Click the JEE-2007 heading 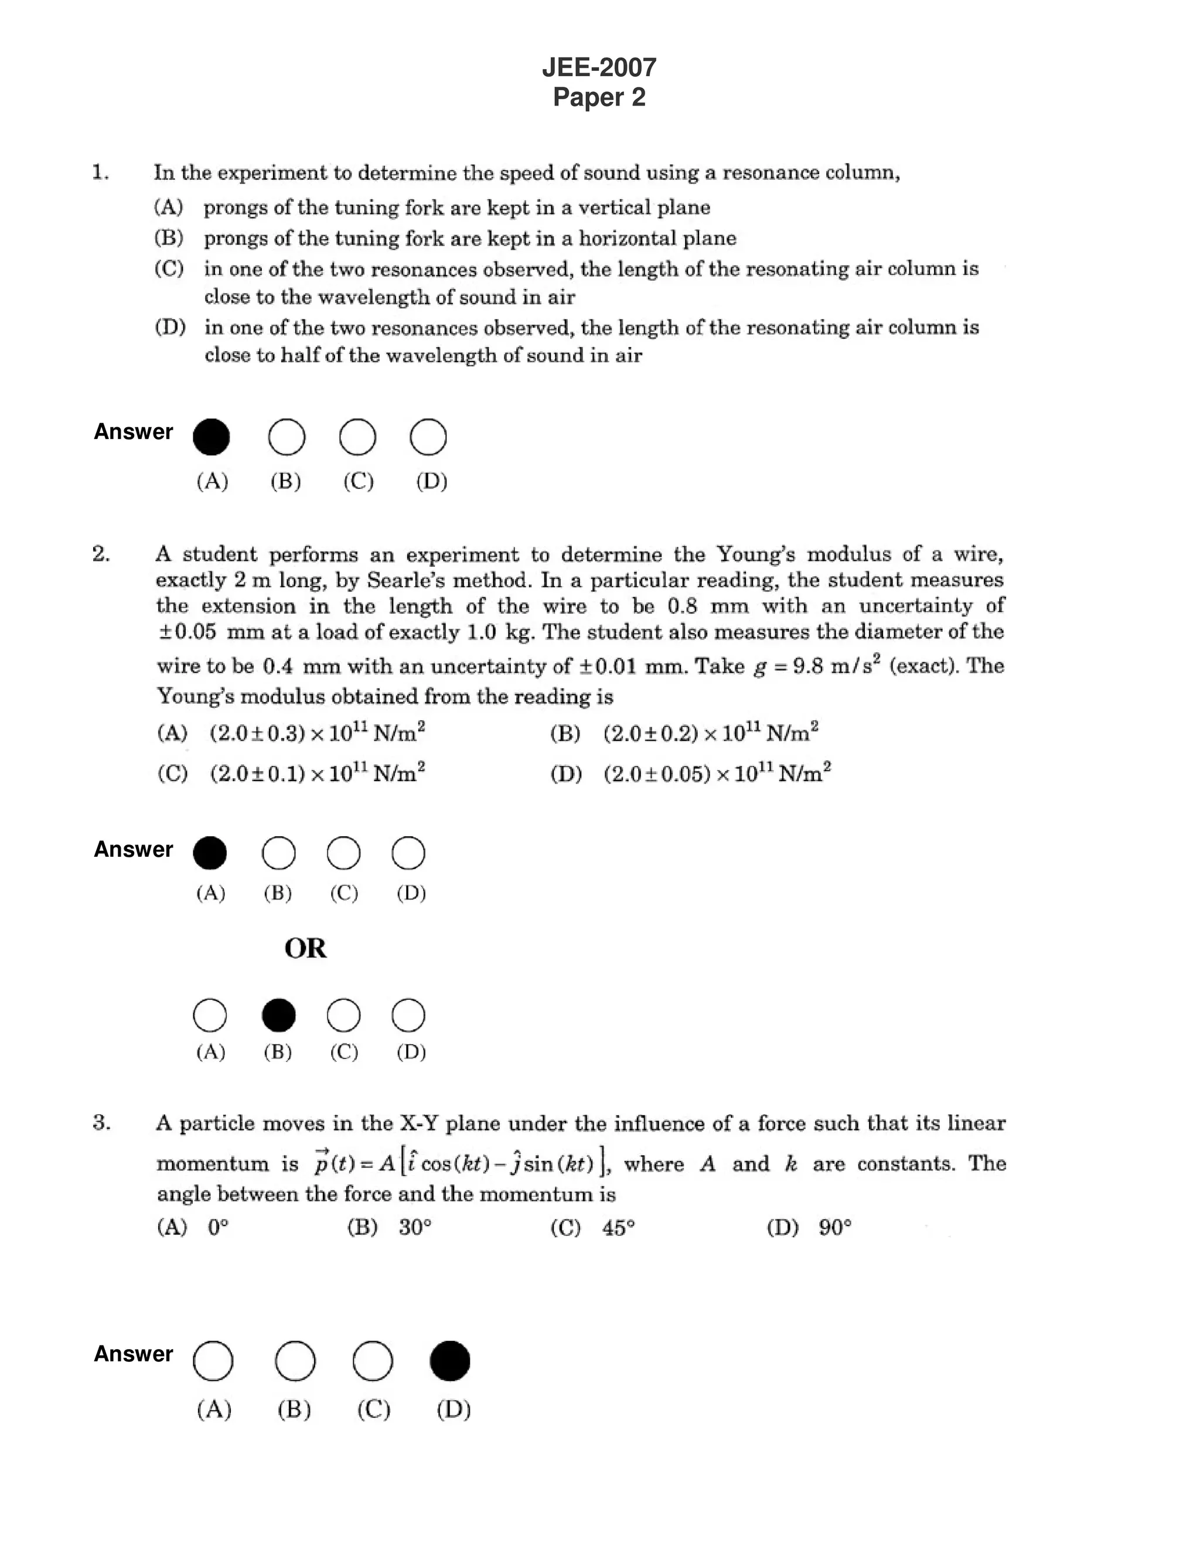[x=599, y=67]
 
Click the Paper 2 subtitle [x=599, y=97]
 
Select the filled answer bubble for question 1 [x=211, y=437]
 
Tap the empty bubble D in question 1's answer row [x=428, y=437]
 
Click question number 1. [x=100, y=173]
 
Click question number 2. [x=101, y=554]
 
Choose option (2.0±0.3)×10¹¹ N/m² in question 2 [x=317, y=733]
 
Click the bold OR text [x=306, y=949]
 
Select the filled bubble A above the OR [x=210, y=853]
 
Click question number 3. [x=101, y=1123]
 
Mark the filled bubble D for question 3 [x=450, y=1361]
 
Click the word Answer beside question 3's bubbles [x=134, y=1354]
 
